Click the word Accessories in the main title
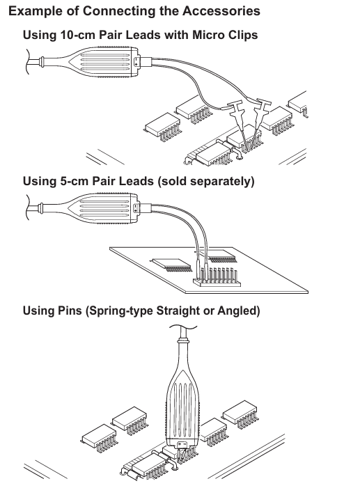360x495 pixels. click(221, 11)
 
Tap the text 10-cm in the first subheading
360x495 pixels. click(77, 35)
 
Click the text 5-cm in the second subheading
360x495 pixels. click(75, 181)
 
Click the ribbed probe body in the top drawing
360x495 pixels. click(104, 62)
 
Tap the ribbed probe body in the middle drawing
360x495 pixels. click(104, 208)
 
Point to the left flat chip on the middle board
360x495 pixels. click(172, 265)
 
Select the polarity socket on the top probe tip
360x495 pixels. click(136, 61)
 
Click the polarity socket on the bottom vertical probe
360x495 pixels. click(182, 445)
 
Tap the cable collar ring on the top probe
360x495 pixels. click(42, 61)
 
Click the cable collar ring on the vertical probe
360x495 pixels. click(183, 340)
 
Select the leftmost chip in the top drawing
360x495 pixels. click(162, 126)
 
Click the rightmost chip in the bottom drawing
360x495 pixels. click(240, 414)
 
